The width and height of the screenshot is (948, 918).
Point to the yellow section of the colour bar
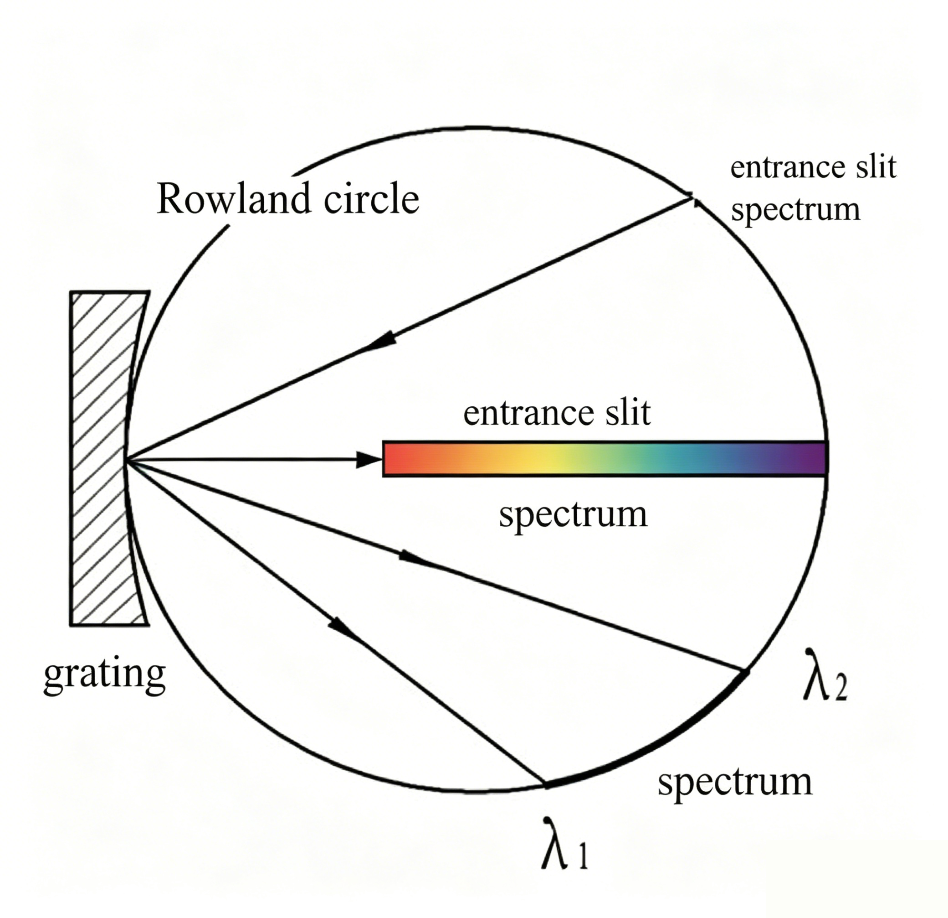pyautogui.click(x=537, y=458)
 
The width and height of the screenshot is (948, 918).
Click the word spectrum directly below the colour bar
pyautogui.click(x=573, y=515)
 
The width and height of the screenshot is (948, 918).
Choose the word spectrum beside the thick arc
pyautogui.click(x=735, y=783)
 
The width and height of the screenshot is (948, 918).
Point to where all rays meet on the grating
pyautogui.click(x=127, y=460)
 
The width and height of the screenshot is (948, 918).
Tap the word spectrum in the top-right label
pyautogui.click(x=796, y=209)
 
